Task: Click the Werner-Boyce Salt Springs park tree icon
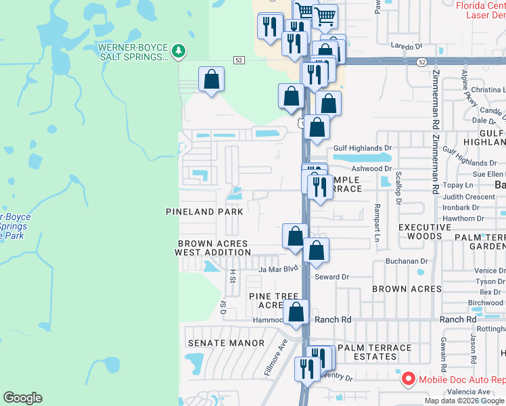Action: [x=179, y=50]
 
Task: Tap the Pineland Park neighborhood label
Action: [x=204, y=212]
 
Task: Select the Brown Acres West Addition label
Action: [x=212, y=248]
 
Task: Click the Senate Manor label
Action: [x=226, y=343]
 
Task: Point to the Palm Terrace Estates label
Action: [x=374, y=352]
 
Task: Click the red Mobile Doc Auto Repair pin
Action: [x=408, y=380]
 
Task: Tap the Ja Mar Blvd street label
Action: [x=278, y=269]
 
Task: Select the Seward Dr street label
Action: [x=331, y=277]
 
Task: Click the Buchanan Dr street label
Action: [x=407, y=261]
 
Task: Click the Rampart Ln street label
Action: [x=377, y=223]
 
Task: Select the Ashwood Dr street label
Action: [x=371, y=168]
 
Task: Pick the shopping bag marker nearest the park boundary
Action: [x=212, y=80]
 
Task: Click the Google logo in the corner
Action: [x=22, y=398]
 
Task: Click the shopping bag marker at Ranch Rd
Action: [x=296, y=312]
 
